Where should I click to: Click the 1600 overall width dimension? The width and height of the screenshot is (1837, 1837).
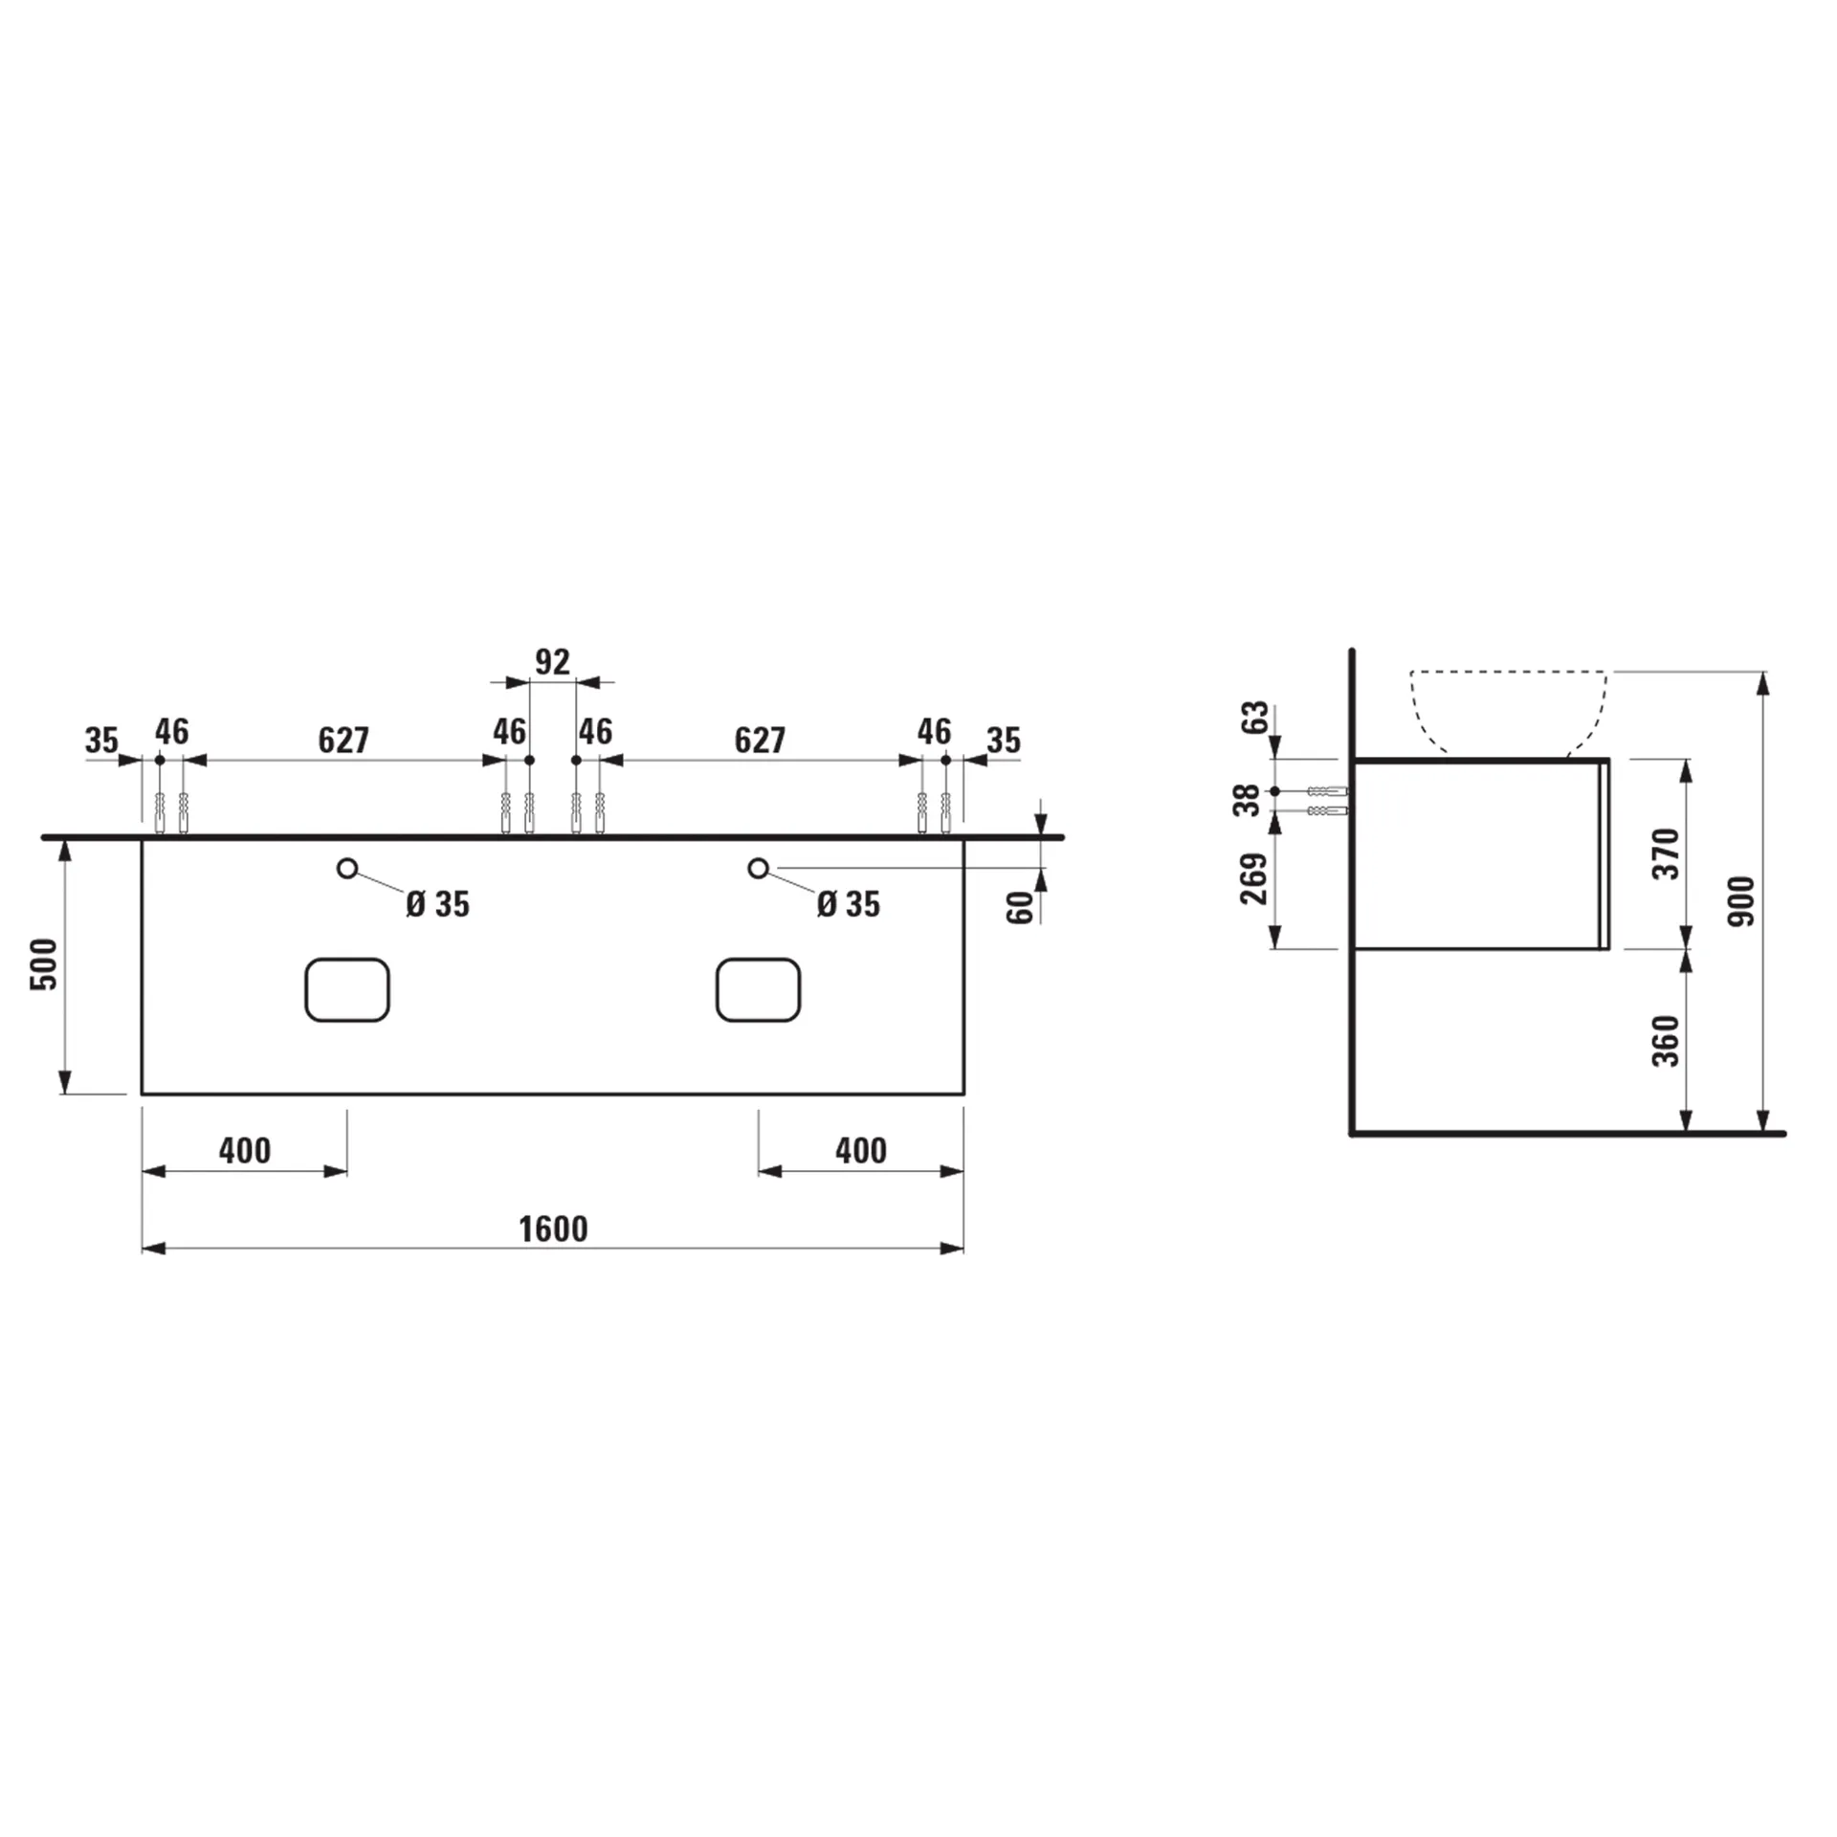553,1228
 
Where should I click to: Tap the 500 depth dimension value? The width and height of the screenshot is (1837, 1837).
44,963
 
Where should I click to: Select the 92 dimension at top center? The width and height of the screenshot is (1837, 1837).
552,661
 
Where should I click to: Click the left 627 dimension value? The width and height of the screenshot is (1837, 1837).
343,740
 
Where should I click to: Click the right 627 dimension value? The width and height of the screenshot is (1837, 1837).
760,740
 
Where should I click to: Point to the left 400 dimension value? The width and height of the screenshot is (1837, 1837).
245,1150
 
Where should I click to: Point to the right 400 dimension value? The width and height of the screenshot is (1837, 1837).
861,1150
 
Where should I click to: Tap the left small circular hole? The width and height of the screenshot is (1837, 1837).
347,868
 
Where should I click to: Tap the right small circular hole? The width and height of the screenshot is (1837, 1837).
758,868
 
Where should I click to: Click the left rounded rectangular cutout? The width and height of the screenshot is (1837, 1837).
347,989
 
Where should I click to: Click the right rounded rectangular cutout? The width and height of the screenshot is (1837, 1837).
758,989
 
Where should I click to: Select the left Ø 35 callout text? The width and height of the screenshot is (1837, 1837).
438,904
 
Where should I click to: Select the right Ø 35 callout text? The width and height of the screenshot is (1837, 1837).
849,904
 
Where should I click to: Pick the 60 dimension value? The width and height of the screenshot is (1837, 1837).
1021,906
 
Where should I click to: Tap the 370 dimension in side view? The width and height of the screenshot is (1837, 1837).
1666,853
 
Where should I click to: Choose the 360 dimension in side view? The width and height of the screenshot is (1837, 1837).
1666,1041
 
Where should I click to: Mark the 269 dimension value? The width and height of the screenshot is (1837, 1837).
1253,878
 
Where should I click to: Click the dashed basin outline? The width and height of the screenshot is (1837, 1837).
1509,713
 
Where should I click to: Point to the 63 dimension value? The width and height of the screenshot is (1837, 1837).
1258,716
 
